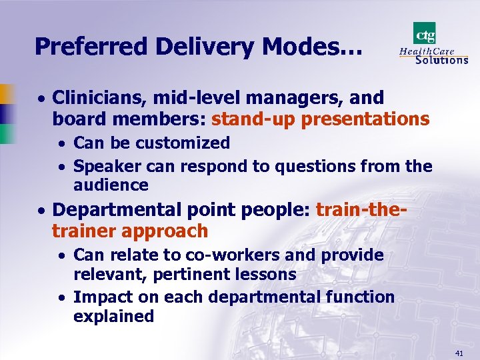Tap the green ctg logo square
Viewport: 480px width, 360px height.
425,33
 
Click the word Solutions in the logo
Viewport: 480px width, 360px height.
441,59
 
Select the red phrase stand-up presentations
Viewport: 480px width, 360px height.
320,119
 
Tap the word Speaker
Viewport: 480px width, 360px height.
104,167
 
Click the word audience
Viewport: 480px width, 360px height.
111,185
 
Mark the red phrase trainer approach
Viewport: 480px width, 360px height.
130,231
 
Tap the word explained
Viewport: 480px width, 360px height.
113,316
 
